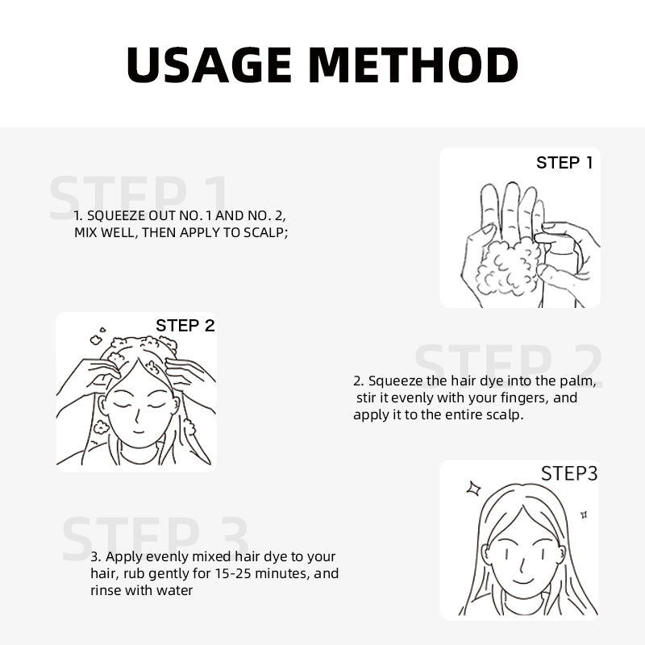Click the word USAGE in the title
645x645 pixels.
pyautogui.click(x=209, y=65)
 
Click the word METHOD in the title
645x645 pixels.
pyautogui.click(x=413, y=65)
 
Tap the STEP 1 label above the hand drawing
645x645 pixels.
pyautogui.click(x=564, y=163)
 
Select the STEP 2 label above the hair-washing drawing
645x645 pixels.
pyautogui.click(x=185, y=326)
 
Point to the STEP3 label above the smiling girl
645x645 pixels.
pyautogui.click(x=569, y=473)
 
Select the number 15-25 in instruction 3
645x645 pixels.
pyautogui.click(x=233, y=573)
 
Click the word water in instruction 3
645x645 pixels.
pyautogui.click(x=175, y=591)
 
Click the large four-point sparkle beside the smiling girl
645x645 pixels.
pyautogui.click(x=473, y=489)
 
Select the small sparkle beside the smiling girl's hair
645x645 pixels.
pyautogui.click(x=583, y=514)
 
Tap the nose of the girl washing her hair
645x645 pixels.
pyautogui.click(x=137, y=416)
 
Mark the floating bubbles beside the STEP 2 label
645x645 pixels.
pyautogui.click(x=98, y=336)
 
